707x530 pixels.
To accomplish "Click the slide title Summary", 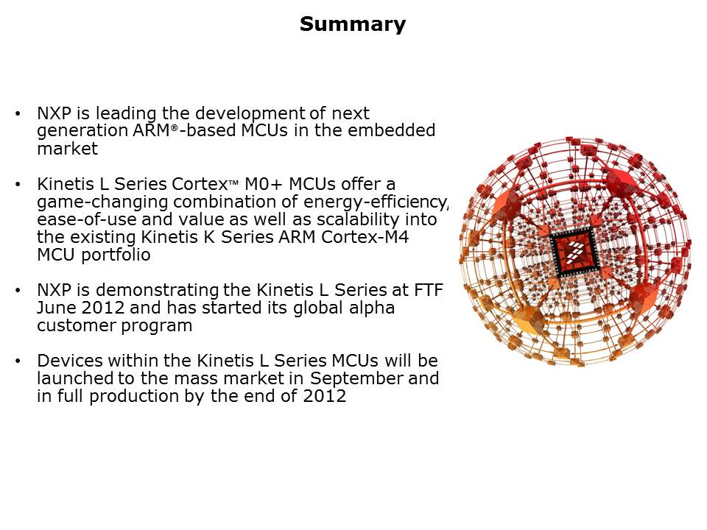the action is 353,24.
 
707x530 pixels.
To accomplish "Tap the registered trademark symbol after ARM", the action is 174,128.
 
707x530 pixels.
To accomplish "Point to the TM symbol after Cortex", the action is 233,182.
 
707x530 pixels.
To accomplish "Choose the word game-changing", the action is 102,202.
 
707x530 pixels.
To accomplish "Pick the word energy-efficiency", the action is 376,202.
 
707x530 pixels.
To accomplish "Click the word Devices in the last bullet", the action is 70,361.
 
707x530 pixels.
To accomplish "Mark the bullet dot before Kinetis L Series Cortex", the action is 18,184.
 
